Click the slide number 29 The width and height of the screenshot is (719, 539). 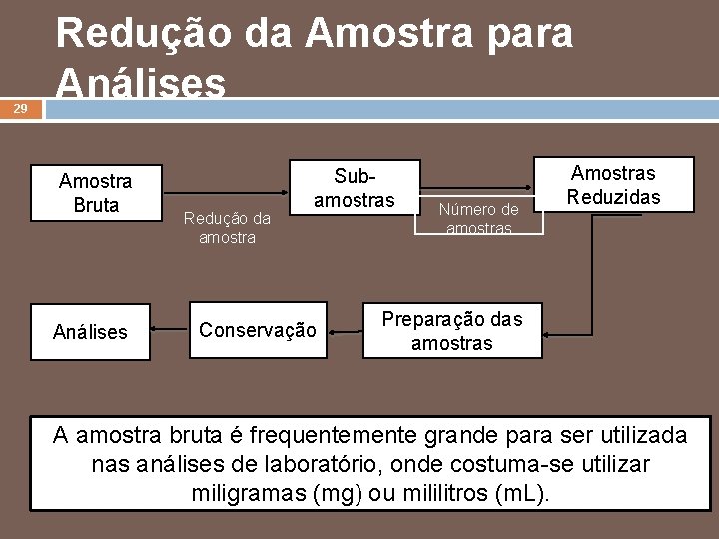(x=20, y=109)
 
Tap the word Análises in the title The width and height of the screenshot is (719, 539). (x=141, y=83)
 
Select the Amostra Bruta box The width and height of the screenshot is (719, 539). (x=96, y=193)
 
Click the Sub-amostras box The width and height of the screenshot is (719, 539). (x=354, y=188)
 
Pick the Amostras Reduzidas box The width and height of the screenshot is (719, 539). (x=613, y=184)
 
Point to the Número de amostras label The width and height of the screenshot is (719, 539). (x=479, y=219)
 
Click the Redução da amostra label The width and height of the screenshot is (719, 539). (x=227, y=228)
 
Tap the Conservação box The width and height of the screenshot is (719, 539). (x=258, y=330)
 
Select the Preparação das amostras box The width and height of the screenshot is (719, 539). (x=452, y=331)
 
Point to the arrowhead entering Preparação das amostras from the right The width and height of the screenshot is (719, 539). (x=550, y=332)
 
